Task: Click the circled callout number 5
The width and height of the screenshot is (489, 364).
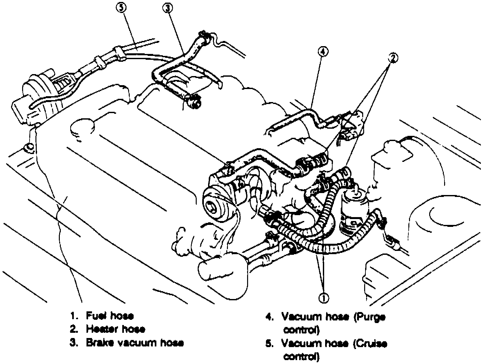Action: [x=121, y=8]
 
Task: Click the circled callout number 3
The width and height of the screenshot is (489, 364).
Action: [x=168, y=8]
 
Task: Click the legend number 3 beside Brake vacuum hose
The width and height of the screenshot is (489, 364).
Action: [x=74, y=343]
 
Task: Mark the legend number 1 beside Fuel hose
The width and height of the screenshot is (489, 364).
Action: [x=74, y=316]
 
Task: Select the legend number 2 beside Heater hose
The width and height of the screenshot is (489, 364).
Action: [x=74, y=329]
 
